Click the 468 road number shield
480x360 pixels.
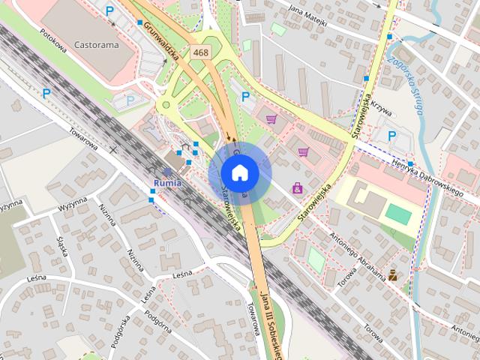tap(200, 52)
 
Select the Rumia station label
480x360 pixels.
tap(167, 182)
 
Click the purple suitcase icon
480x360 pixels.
tap(298, 187)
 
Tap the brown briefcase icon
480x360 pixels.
tap(392, 274)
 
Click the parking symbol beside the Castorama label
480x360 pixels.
tap(110, 11)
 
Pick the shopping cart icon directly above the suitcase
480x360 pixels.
tap(303, 151)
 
